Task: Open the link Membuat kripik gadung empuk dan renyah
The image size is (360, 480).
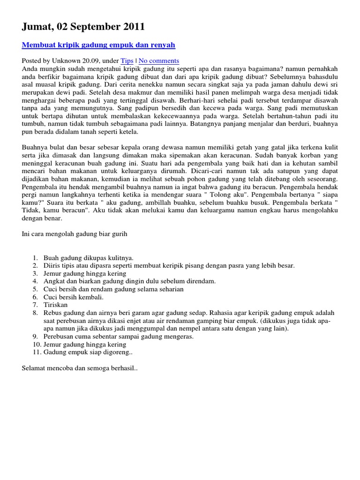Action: coord(98,45)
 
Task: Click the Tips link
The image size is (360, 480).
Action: coord(127,61)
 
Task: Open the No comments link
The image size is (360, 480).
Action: coord(159,61)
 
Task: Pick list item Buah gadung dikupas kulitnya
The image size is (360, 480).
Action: coord(89,258)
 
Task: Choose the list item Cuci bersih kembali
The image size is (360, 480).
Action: coord(74,297)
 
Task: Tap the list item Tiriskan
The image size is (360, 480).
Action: coord(56,305)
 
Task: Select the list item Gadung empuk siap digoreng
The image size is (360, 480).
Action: coord(89,352)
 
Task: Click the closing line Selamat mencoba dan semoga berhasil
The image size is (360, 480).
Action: coord(80,368)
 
